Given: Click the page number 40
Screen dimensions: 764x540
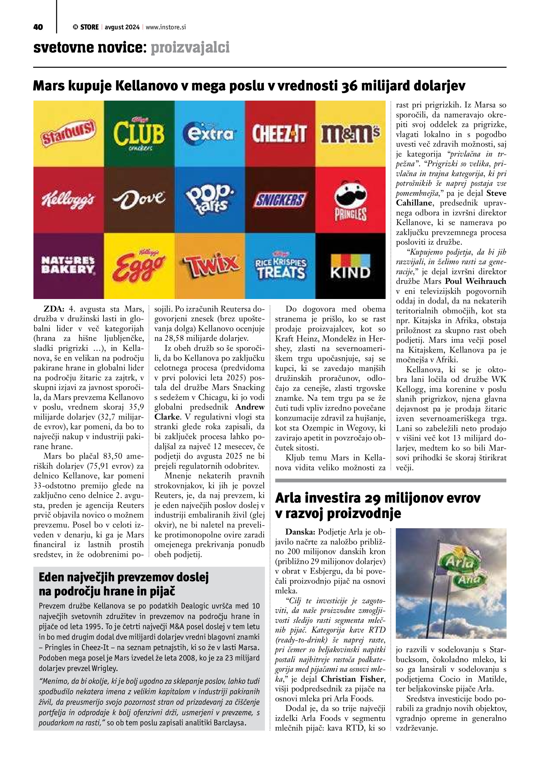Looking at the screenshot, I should pos(38,27).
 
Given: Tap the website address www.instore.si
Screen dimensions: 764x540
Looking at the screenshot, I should pos(166,27).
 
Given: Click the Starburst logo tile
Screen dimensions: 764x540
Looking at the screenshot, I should pos(68,134).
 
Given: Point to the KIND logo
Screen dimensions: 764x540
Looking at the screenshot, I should pos(351,266).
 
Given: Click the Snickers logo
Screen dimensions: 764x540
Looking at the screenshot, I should pos(280,200).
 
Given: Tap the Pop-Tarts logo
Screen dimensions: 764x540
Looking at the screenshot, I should pos(210,200).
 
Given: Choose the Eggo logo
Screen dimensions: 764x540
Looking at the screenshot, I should pos(139,266).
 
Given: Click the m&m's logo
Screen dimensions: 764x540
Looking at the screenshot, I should pos(351,134).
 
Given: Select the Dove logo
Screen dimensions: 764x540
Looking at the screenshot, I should pos(139,200).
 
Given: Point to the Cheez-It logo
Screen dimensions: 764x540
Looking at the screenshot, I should pos(280,134).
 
